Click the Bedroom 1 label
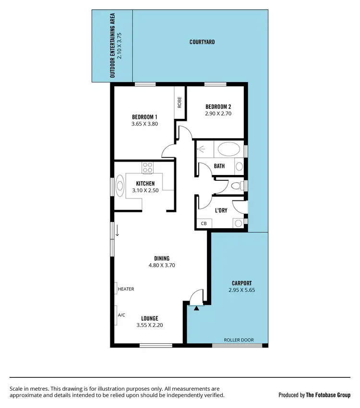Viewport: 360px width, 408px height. point(144,117)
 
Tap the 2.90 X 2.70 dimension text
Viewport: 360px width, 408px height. point(218,114)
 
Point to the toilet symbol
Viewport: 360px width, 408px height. point(236,186)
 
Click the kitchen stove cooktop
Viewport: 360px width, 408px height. point(147,168)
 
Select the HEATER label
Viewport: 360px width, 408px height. point(126,289)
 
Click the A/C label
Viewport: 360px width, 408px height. point(121,315)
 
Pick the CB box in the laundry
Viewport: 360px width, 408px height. point(204,223)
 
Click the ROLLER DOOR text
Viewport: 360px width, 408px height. point(239,340)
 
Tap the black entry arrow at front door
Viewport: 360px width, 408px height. point(196,308)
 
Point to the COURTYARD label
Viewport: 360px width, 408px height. point(202,42)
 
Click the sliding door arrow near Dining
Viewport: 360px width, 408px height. point(117,231)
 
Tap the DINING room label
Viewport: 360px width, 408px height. point(162,258)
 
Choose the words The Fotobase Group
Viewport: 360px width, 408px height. point(328,395)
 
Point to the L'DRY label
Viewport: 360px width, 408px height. point(220,210)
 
